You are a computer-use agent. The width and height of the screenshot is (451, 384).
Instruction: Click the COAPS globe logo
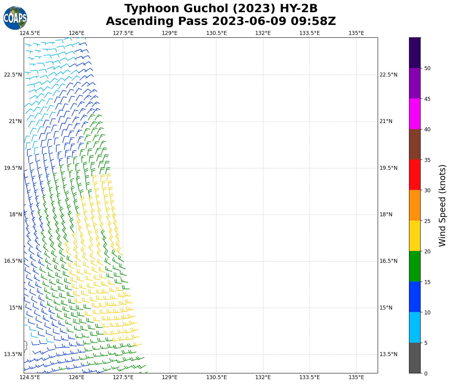tap(15, 18)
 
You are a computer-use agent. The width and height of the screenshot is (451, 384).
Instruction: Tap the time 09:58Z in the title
tap(313, 22)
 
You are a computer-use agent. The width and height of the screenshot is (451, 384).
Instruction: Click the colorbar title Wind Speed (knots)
tap(442, 205)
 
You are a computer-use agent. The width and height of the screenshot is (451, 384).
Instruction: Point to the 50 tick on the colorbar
tap(427, 68)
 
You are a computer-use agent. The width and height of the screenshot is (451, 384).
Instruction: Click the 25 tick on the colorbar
tap(427, 221)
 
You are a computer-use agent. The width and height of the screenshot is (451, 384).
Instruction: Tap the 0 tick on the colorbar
tap(426, 373)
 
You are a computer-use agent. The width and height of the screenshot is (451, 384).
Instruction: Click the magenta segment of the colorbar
tap(415, 114)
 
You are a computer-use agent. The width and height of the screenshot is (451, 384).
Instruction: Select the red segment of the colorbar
tap(415, 175)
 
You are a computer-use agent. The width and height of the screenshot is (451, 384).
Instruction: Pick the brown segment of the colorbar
tap(415, 144)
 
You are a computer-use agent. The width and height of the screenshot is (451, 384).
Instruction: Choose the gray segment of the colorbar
tap(415, 358)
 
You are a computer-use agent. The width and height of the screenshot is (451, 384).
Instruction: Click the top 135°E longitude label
tap(356, 33)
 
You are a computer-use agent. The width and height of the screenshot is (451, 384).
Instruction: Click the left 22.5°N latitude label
tap(13, 75)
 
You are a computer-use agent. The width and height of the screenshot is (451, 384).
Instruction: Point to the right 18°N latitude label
tap(386, 215)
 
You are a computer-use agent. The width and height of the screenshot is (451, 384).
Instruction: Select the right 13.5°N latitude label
tap(388, 354)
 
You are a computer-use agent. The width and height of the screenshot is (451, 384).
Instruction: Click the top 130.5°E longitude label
tap(217, 33)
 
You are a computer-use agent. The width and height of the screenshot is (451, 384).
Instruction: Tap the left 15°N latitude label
tap(15, 308)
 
